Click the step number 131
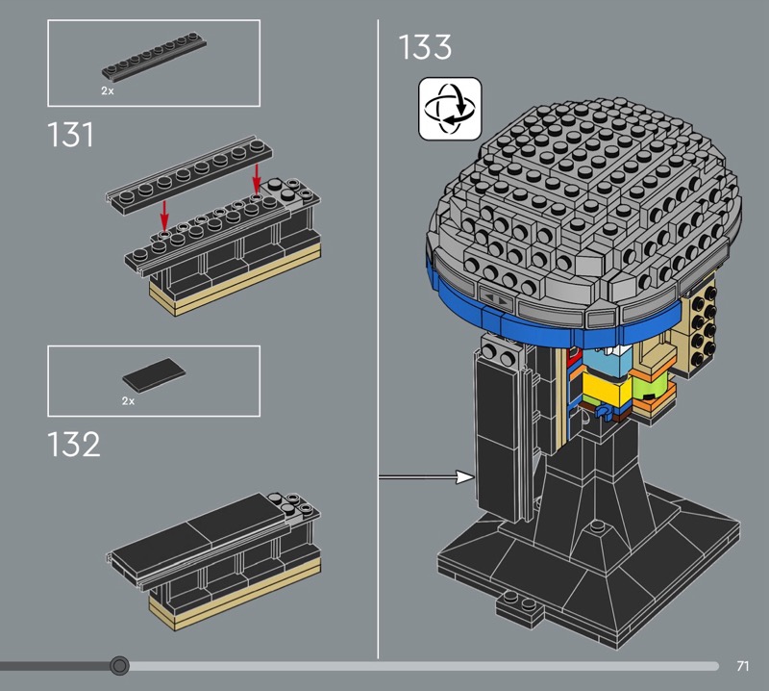click(70, 135)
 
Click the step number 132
click(74, 445)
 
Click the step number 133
click(425, 47)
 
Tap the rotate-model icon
click(450, 109)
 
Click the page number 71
click(742, 666)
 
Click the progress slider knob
click(119, 666)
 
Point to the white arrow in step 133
click(427, 476)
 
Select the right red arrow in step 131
click(256, 179)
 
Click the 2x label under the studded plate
click(108, 90)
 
